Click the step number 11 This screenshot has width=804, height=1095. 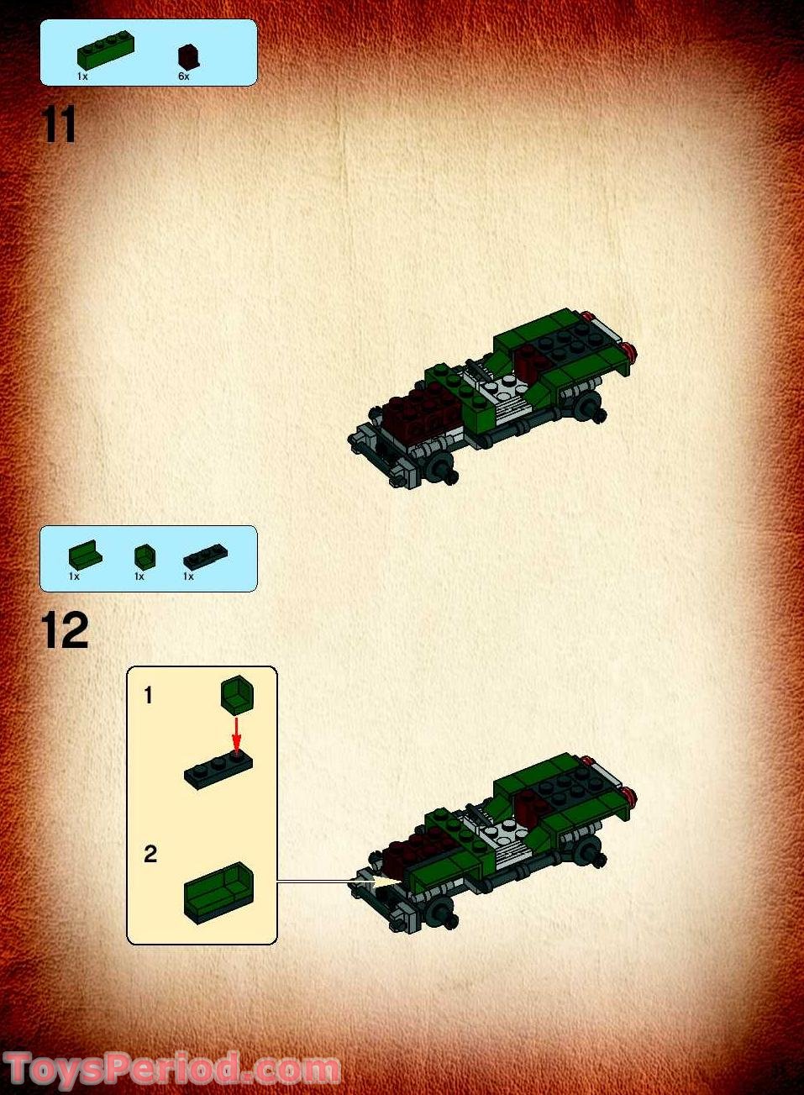pyautogui.click(x=59, y=126)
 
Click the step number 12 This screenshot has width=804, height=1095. pyautogui.click(x=64, y=630)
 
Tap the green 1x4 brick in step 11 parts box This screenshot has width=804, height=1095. pyautogui.click(x=105, y=52)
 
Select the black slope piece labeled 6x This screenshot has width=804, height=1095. pyautogui.click(x=188, y=56)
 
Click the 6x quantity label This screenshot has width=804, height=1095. pyautogui.click(x=183, y=76)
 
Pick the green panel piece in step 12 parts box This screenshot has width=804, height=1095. pyautogui.click(x=84, y=555)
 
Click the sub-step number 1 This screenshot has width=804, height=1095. pyautogui.click(x=149, y=696)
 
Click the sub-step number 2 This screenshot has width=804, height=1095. pyautogui.click(x=150, y=854)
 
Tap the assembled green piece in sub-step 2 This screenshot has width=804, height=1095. pyautogui.click(x=218, y=892)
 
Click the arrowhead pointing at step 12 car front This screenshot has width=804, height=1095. pyautogui.click(x=388, y=882)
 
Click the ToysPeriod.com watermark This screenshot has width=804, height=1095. pyautogui.click(x=172, y=1070)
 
